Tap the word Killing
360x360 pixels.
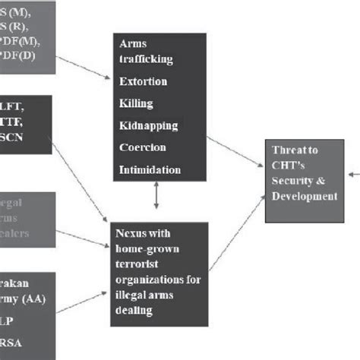(136, 103)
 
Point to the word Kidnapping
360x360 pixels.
(149, 125)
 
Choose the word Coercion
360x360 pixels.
(143, 147)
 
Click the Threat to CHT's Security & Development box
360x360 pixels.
(301, 180)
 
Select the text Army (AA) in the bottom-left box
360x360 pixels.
(21, 299)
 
